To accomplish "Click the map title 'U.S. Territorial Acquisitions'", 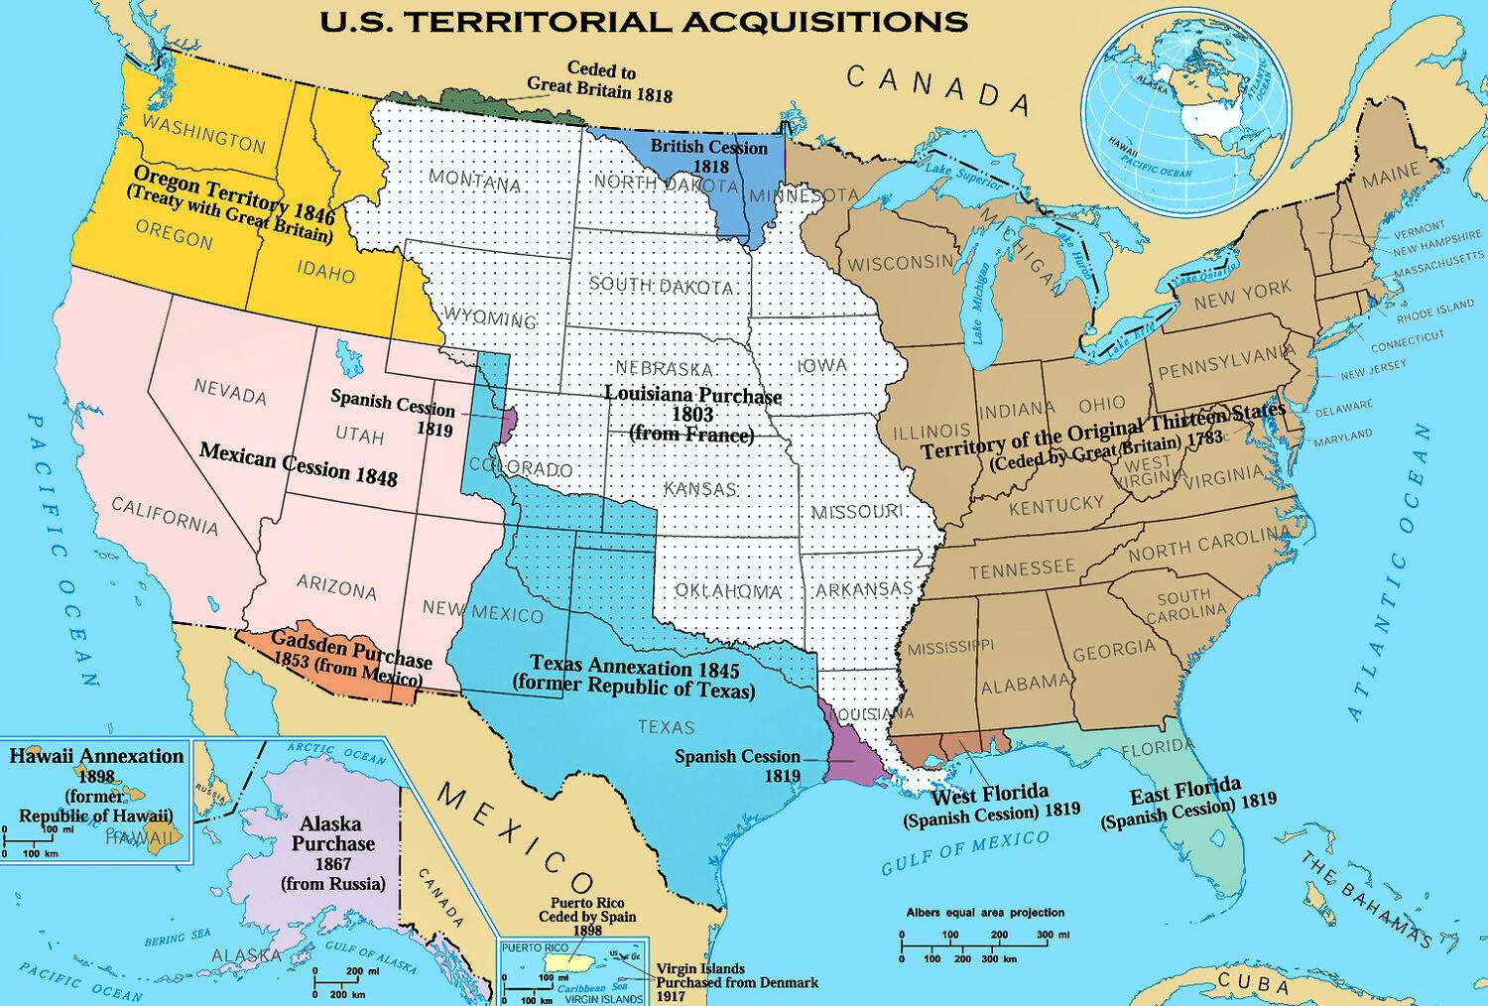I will coord(643,22).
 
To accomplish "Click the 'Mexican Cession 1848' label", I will coord(298,464).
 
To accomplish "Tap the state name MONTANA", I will coord(474,182).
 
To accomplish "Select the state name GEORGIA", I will coord(1113,650).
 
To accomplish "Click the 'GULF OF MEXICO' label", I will coord(964,852).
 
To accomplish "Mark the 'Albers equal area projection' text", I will coord(984,912).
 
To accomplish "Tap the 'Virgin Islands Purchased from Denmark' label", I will coord(736,982).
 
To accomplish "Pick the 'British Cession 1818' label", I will coord(708,157).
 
